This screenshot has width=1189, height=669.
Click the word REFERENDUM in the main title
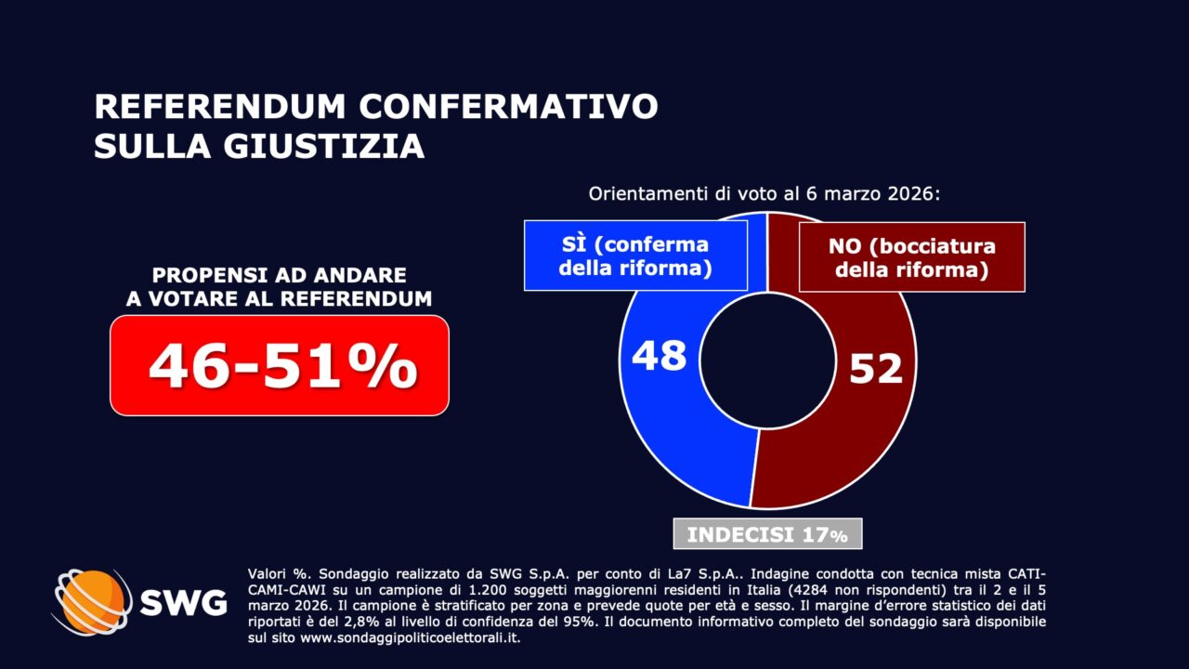click(x=219, y=106)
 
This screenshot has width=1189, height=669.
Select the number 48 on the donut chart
click(x=659, y=356)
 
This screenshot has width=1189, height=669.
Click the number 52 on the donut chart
click(x=875, y=369)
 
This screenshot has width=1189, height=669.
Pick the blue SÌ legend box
click(x=635, y=256)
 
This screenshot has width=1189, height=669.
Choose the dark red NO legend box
click(x=911, y=257)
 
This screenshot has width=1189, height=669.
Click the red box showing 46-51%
click(x=280, y=365)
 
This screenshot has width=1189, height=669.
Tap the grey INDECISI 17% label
click(x=767, y=534)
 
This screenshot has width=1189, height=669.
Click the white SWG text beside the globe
click(x=183, y=603)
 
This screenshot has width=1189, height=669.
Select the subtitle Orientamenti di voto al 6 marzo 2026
click(x=765, y=195)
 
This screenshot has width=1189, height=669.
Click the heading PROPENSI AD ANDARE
click(x=279, y=276)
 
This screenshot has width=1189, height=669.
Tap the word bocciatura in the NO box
click(x=939, y=246)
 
